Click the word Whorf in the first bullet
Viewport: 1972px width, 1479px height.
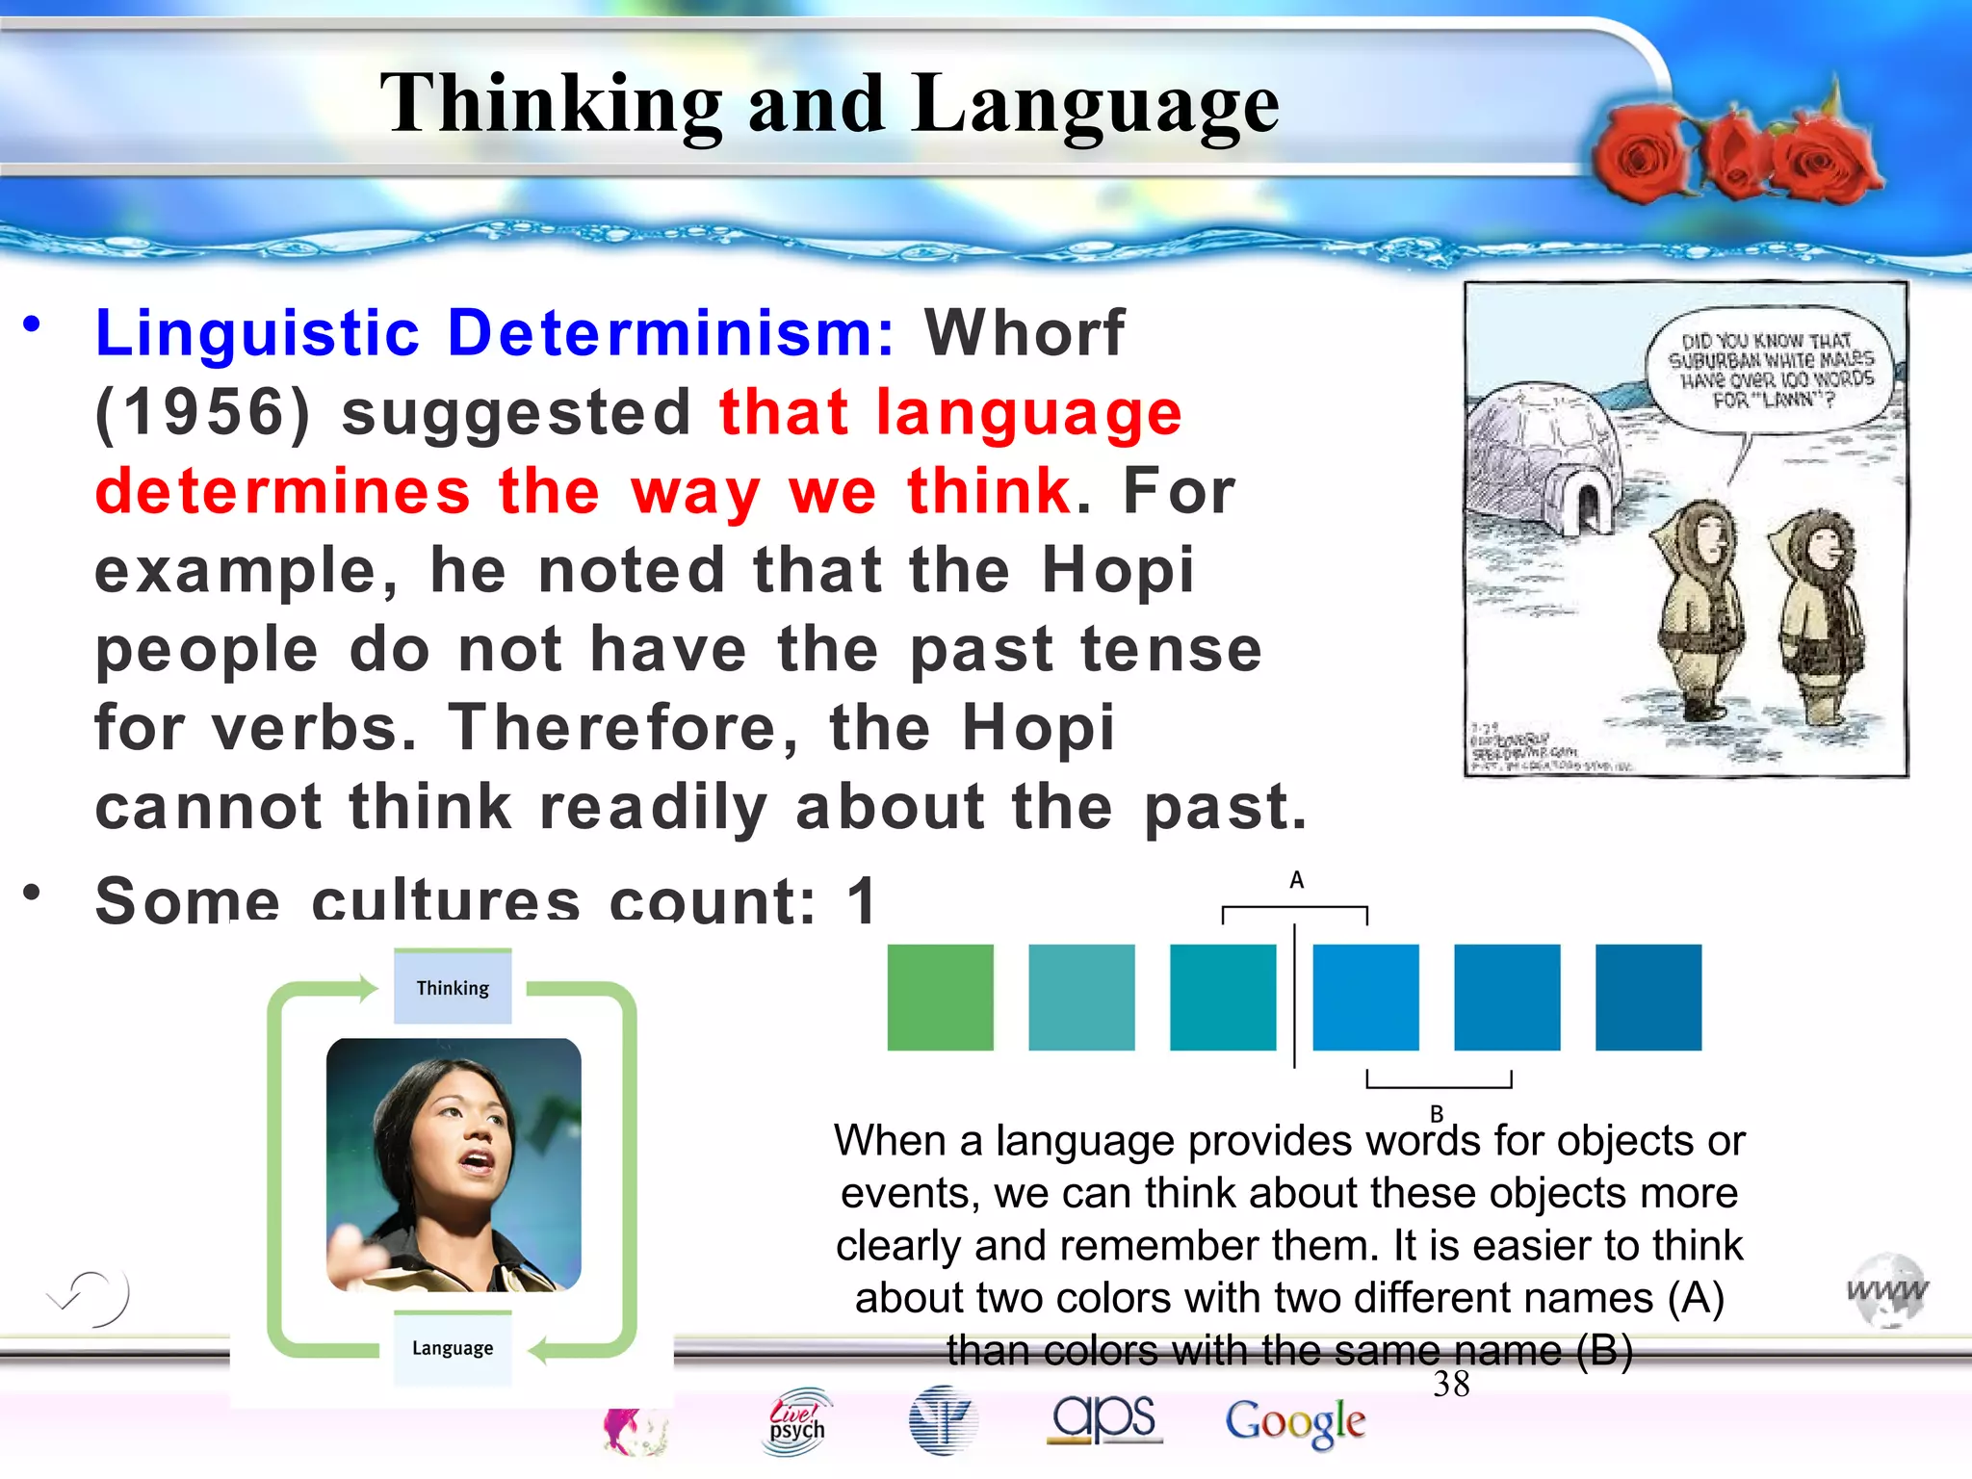click(1024, 333)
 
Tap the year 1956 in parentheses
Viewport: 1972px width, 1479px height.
click(203, 412)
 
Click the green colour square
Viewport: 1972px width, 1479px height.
click(940, 997)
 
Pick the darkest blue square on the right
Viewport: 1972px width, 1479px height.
click(1648, 997)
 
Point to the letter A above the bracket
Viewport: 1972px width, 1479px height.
click(1296, 879)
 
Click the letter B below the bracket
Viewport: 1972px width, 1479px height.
click(1436, 1113)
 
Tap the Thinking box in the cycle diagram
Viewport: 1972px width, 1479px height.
click(453, 988)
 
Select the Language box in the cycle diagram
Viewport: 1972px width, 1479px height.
click(453, 1348)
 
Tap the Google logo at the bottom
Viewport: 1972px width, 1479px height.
click(1295, 1422)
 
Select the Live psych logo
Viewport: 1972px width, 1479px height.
click(797, 1420)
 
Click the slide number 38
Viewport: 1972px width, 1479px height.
click(1451, 1384)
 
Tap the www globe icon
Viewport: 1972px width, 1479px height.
click(1886, 1290)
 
